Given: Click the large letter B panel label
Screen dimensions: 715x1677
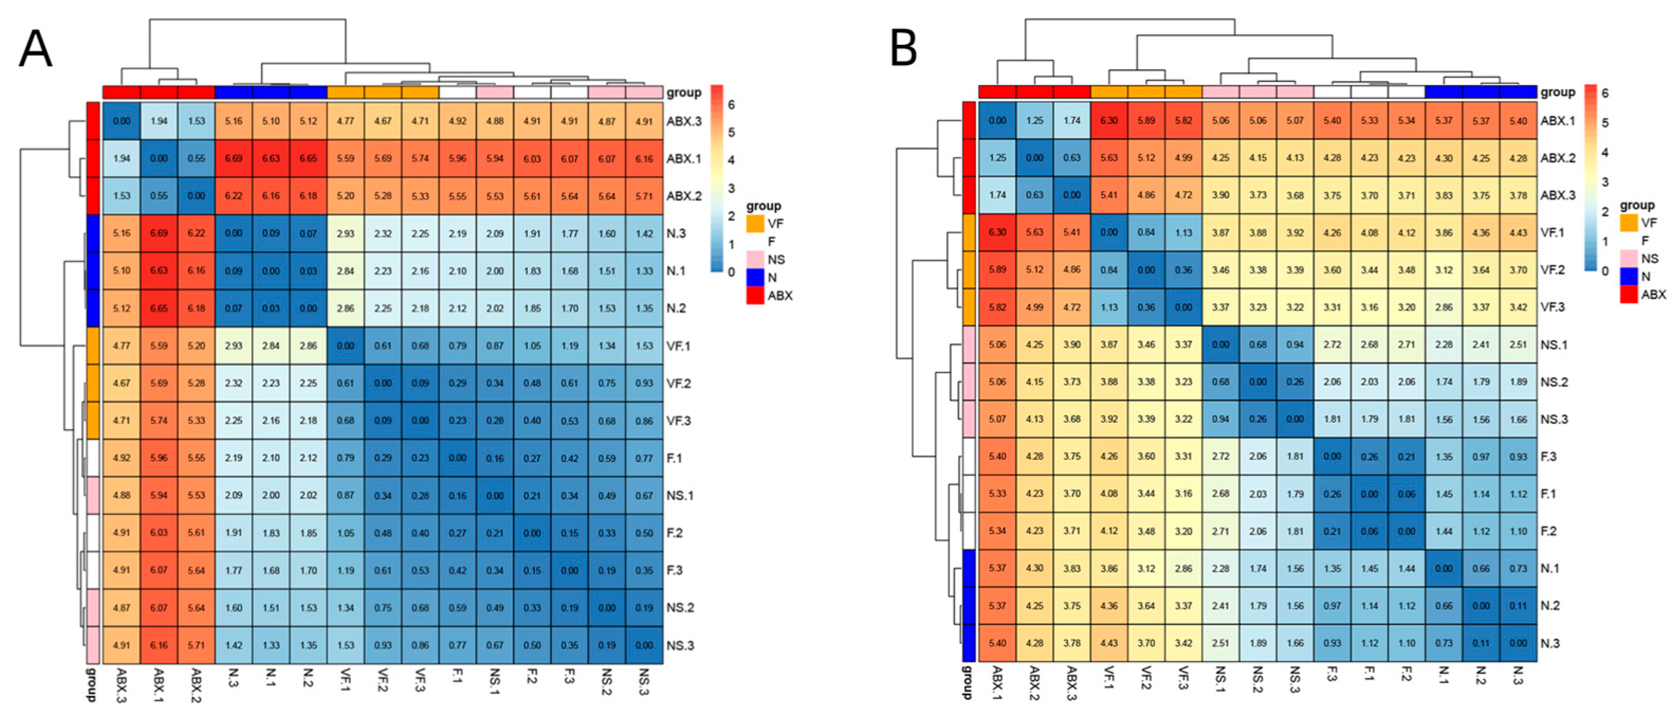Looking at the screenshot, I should click(904, 49).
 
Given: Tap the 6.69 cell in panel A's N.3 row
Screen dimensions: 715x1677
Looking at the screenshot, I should click(159, 233).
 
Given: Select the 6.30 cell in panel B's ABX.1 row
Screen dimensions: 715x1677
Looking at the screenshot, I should click(1108, 120).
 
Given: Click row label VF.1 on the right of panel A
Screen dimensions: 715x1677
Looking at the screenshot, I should click(679, 346).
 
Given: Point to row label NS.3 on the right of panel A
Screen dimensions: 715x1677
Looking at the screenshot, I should click(680, 645).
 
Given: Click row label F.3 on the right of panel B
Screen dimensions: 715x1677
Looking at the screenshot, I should click(1548, 457).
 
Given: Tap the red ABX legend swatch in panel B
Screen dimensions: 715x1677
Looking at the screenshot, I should click(1629, 294).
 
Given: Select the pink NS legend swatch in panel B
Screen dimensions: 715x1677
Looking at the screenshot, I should click(1629, 258).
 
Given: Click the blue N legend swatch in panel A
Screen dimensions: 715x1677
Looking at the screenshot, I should click(755, 277).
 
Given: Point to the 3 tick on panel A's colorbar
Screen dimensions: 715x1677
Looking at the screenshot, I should click(731, 188).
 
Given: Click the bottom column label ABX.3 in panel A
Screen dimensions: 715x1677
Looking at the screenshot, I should click(122, 685).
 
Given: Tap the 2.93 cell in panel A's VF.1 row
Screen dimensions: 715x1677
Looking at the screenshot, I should click(234, 346).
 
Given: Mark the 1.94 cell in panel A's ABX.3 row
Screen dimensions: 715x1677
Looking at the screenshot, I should click(159, 121).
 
